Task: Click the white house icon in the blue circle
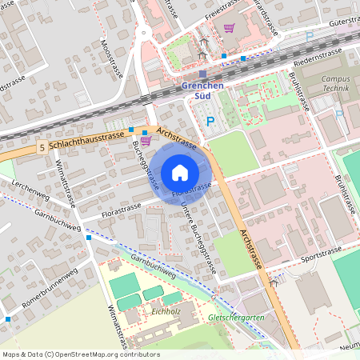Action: [180, 172]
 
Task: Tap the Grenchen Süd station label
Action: [202, 90]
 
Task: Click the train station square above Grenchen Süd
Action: [202, 74]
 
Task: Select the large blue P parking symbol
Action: [210, 122]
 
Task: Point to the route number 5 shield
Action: [41, 147]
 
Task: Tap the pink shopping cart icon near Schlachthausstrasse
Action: [146, 141]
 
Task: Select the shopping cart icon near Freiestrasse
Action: [230, 28]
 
